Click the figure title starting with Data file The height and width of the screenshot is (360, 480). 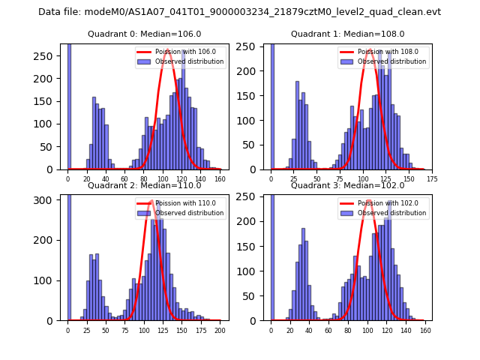tap(239, 12)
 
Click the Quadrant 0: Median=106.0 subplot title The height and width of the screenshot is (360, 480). tap(144, 34)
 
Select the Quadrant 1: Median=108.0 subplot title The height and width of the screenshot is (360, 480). tap(347, 34)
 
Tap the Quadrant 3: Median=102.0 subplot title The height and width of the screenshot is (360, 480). tap(347, 185)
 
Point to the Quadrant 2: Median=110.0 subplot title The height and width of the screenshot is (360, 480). tap(144, 185)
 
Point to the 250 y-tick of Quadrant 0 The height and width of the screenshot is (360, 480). tap(47, 56)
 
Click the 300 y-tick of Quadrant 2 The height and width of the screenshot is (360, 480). tap(47, 200)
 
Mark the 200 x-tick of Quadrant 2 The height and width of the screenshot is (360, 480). tap(220, 330)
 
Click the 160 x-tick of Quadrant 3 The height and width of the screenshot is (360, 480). tap(424, 330)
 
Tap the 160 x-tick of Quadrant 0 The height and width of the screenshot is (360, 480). tap(220, 179)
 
